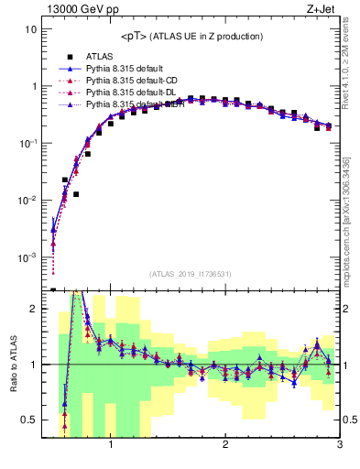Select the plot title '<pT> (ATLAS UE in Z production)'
(x=191, y=36)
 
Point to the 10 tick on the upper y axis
(x=29, y=29)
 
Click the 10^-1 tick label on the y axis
(x=27, y=144)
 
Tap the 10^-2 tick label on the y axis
(x=27, y=201)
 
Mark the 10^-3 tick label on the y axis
(x=27, y=257)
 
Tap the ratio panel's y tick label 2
(x=32, y=309)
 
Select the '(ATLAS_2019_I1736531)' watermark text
(x=191, y=274)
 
